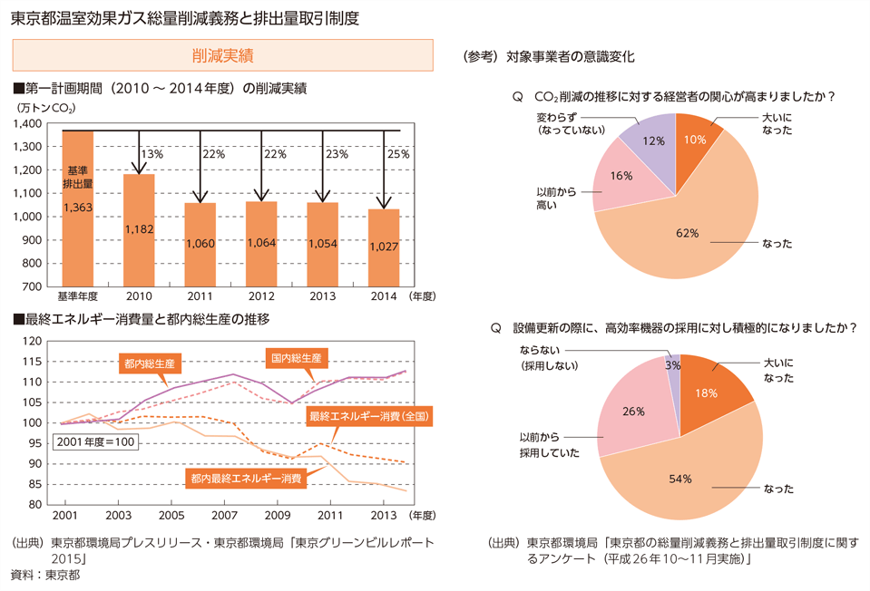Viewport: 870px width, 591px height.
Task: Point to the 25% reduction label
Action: [x=398, y=155]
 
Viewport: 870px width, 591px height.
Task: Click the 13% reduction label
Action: [x=152, y=155]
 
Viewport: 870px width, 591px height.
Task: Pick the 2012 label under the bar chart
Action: [x=261, y=295]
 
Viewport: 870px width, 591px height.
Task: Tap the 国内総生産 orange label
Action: [x=296, y=358]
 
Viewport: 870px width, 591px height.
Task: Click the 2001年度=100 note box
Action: [x=95, y=441]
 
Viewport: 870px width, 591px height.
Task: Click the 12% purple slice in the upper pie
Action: [x=652, y=141]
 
